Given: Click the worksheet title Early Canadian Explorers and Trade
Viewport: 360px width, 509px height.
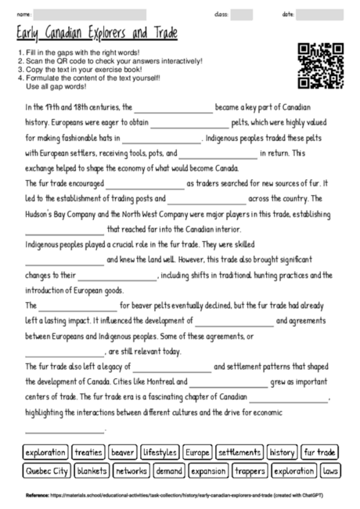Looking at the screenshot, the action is pos(96,34).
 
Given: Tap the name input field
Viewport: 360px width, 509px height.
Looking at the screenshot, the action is pos(90,14).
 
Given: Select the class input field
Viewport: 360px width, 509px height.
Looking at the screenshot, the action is pos(241,14).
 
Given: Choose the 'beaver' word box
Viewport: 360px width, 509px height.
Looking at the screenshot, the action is pos(123,453).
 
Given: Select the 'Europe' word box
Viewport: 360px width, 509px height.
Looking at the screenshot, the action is pos(197,453).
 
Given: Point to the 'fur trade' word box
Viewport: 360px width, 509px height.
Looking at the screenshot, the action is pos(320,453).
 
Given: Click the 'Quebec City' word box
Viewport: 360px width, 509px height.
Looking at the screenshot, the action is pos(45,471).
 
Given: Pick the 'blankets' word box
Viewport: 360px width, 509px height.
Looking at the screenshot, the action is pos(92,471).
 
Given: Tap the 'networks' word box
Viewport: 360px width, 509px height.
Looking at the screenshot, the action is pos(131,471).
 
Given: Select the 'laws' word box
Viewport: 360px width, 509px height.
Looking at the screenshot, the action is pos(329,471).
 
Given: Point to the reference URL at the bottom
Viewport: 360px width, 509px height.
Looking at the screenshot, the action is pos(186,496).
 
